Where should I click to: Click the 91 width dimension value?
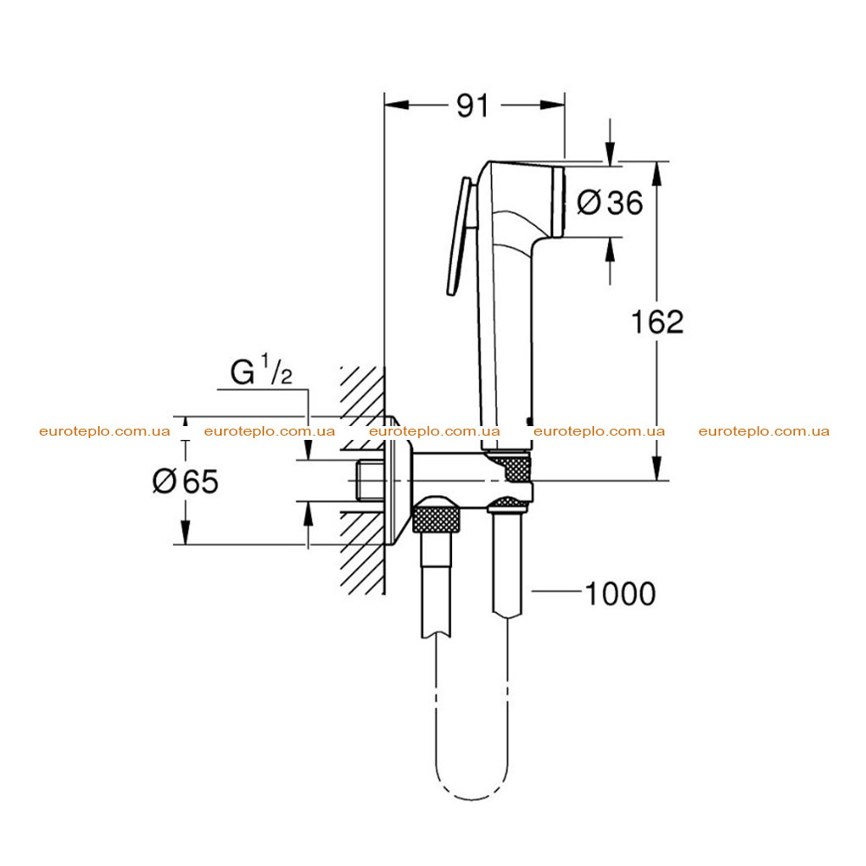click(x=473, y=105)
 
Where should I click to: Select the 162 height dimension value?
click(x=657, y=321)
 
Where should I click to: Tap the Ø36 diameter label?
click(x=610, y=202)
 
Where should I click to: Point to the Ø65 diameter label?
click(x=185, y=481)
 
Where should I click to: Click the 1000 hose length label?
click(x=620, y=594)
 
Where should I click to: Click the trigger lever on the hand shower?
click(x=458, y=236)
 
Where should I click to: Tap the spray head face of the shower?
click(x=559, y=202)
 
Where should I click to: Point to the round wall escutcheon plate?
click(x=398, y=480)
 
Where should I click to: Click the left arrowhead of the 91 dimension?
click(x=397, y=105)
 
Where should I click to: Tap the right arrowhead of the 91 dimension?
click(x=553, y=105)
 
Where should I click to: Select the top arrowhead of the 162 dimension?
click(x=656, y=173)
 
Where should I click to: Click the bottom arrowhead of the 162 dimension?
click(x=656, y=468)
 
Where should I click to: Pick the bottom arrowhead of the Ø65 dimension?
click(x=185, y=533)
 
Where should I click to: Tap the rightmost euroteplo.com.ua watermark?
click(x=764, y=430)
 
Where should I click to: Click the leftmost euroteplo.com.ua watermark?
click(x=105, y=430)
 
